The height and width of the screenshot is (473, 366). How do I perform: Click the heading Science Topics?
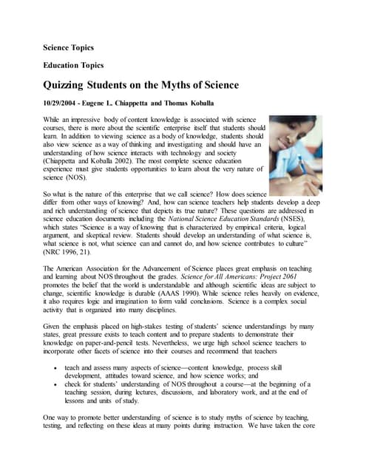73,47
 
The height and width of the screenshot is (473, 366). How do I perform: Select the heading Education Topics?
78,65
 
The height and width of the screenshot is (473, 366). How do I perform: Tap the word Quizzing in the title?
71,85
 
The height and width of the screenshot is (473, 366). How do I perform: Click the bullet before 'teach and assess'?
55,367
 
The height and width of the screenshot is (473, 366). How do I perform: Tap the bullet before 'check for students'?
55,386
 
